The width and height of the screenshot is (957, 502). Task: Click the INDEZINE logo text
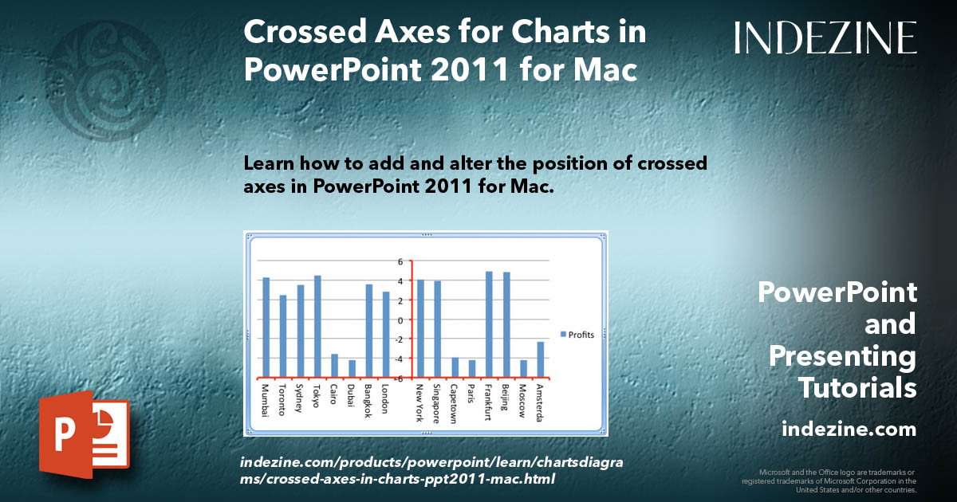825,37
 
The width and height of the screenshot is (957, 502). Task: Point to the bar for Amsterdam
540,359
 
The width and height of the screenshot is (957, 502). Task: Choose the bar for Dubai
352,369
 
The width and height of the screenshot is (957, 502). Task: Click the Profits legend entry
576,335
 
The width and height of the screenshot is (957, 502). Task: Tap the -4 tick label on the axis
401,359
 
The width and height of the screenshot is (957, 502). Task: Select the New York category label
419,403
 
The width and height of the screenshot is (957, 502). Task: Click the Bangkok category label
368,403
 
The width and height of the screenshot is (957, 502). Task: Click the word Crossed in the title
294,33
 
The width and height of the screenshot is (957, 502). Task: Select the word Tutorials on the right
857,388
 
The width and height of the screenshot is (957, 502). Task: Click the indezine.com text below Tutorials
849,429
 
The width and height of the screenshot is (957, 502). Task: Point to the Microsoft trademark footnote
829,480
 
